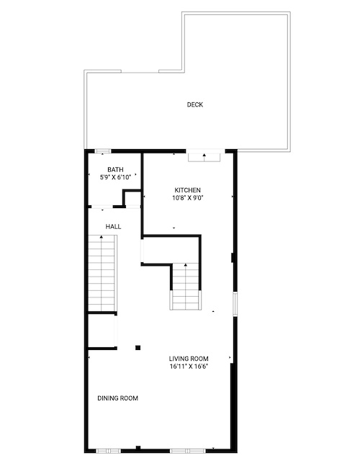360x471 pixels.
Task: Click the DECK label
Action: tap(195, 104)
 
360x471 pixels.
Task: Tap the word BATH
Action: tap(115, 170)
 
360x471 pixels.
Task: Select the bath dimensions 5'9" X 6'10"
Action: tap(116, 177)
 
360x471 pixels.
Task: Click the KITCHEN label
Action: tap(188, 190)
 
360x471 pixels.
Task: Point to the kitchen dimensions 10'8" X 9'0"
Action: tap(186, 198)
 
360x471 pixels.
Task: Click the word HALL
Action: tap(113, 226)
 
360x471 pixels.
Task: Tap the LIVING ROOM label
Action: tap(189, 359)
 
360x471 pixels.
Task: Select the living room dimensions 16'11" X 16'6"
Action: tap(189, 367)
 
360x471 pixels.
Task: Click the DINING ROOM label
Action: tap(117, 398)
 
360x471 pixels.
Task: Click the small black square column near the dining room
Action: tap(138, 348)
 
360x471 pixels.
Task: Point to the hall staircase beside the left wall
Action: tap(102, 274)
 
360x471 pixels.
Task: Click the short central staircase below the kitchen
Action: tap(185, 287)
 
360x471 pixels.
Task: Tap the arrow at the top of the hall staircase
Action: tap(102, 238)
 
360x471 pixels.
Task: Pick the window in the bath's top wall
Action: tap(103, 151)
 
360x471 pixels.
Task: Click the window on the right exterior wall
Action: tap(235, 304)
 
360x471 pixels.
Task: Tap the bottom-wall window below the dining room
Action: tap(108, 451)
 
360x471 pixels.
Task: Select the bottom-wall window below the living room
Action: tap(188, 451)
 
